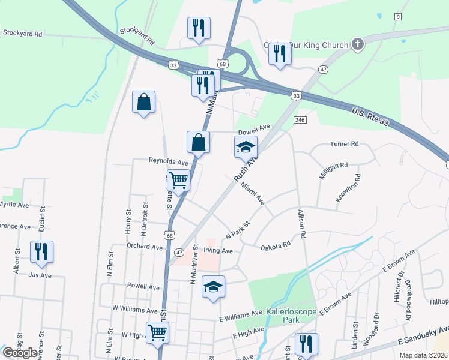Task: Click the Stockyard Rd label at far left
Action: click(22, 34)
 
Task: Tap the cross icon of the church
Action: click(357, 44)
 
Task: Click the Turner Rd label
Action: click(344, 144)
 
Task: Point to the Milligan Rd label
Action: click(334, 166)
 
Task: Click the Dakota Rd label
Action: click(276, 245)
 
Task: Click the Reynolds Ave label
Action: click(169, 161)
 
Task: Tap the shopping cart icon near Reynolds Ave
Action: click(178, 179)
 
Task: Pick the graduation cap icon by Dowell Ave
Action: click(245, 146)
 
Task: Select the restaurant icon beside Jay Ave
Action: click(41, 251)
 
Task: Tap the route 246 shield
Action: click(300, 121)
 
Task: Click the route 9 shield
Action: click(398, 16)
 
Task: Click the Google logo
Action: click(20, 353)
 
